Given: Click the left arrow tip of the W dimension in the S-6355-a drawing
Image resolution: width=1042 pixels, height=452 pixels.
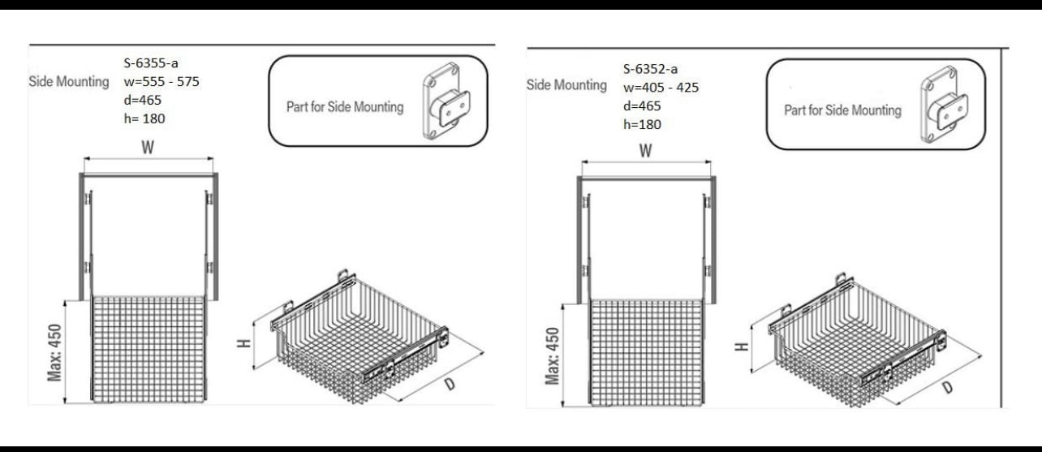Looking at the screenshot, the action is (84, 159).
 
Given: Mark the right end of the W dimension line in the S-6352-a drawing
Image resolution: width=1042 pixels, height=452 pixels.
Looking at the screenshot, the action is (711, 162).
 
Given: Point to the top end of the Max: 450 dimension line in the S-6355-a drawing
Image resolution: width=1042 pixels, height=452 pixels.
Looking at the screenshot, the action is (65, 301).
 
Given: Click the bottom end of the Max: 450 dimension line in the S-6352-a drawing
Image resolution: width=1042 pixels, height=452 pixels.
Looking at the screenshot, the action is (563, 407).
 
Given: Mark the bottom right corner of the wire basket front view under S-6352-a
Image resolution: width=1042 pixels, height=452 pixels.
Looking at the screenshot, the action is (704, 405).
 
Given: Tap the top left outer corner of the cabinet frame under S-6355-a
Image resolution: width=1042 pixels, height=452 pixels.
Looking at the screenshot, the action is (80, 174).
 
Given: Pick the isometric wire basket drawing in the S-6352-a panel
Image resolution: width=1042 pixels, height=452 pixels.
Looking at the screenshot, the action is (857, 340).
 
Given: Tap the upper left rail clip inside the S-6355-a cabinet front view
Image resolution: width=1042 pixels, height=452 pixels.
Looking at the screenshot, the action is (88, 199).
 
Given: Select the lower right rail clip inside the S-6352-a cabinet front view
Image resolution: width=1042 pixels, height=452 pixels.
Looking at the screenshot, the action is (708, 271).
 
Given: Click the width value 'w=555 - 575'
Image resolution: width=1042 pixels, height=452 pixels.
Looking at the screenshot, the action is (161, 82).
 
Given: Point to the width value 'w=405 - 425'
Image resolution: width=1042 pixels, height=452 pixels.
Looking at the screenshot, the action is (661, 88).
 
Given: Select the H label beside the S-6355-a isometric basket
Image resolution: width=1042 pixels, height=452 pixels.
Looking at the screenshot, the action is (243, 343).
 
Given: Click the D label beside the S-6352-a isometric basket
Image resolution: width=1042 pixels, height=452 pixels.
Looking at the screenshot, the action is (948, 387).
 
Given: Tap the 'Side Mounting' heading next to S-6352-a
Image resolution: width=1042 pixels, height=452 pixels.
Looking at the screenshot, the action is (566, 85).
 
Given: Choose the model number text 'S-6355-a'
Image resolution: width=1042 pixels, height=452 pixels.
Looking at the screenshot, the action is (151, 62).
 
